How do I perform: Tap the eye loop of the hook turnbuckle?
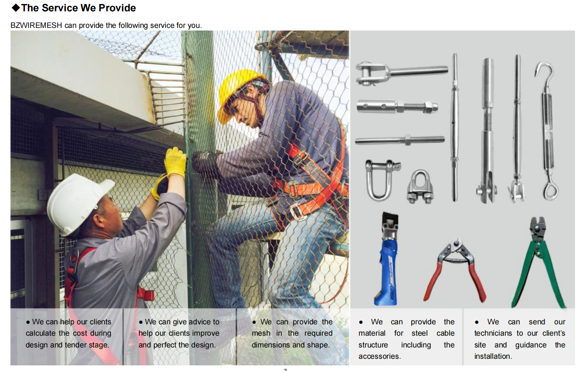pyautogui.click(x=550, y=191)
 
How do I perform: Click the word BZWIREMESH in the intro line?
pyautogui.click(x=37, y=25)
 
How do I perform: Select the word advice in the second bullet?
pyautogui.click(x=198, y=322)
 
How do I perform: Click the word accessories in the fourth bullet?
pyautogui.click(x=379, y=356)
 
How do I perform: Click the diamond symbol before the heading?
pyautogui.click(x=16, y=8)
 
